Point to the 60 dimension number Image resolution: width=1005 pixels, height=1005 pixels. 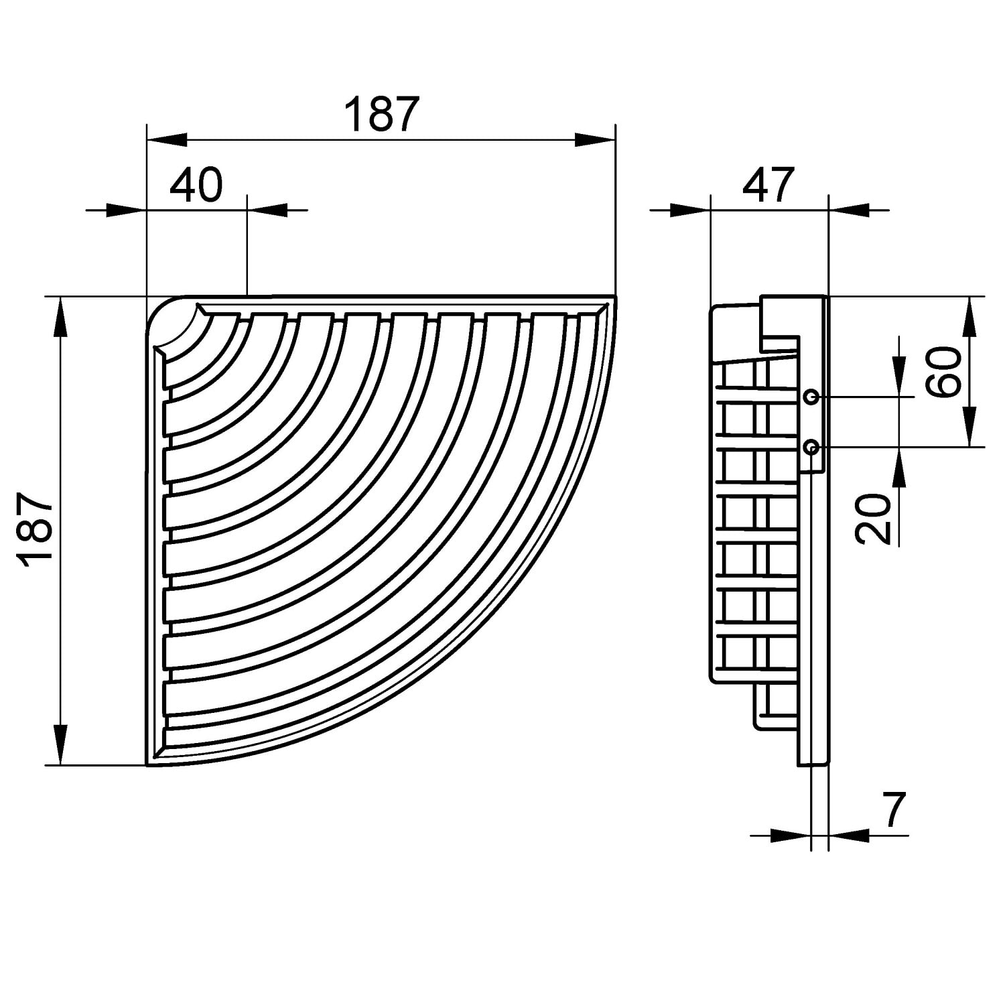click(x=946, y=373)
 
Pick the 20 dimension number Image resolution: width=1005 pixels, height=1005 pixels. click(x=874, y=518)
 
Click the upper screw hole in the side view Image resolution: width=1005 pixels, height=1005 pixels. click(x=811, y=397)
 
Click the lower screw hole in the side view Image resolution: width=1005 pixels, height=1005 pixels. click(x=811, y=446)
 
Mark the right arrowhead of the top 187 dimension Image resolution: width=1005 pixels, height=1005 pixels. click(x=595, y=139)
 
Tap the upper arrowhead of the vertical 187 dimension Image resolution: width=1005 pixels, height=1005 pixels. click(x=61, y=316)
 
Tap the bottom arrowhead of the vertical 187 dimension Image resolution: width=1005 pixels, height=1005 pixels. click(x=61, y=744)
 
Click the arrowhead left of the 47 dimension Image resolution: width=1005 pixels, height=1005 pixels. click(x=690, y=210)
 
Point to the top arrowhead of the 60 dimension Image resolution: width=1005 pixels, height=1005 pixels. click(x=969, y=316)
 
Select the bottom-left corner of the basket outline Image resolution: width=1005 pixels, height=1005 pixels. click(x=147, y=763)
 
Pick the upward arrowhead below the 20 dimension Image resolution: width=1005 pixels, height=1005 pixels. click(x=900, y=466)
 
